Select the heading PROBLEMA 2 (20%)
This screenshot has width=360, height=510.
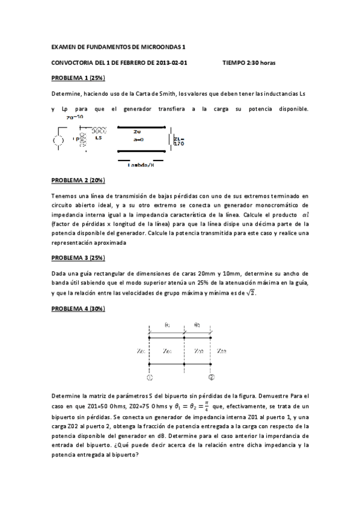78,180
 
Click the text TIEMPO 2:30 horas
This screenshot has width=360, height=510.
248,63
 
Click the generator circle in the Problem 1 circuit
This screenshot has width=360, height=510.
59,141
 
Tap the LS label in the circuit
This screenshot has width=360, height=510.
99,138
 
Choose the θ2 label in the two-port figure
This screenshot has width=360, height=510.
197,325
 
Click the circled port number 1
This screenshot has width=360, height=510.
149,378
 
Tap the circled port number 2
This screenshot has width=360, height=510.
212,378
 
